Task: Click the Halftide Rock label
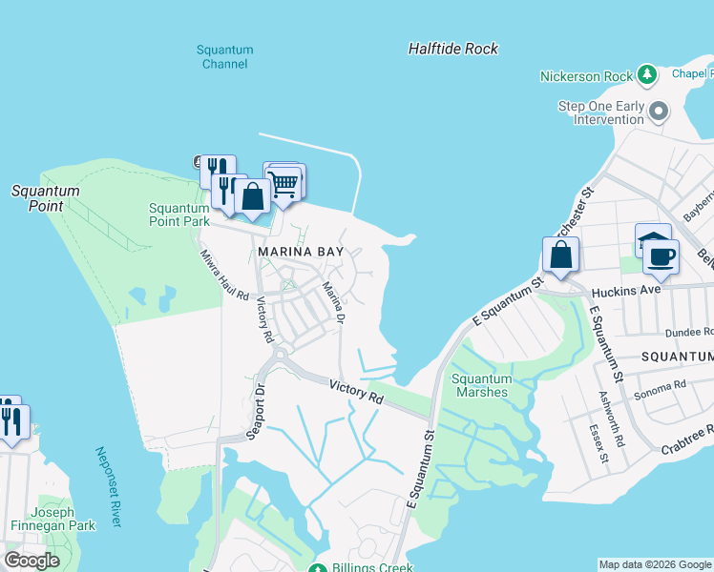pyautogui.click(x=452, y=49)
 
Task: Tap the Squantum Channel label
pyautogui.click(x=225, y=57)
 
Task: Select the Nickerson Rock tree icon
pyautogui.click(x=648, y=74)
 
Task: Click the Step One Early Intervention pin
pyautogui.click(x=659, y=112)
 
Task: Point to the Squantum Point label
pyautogui.click(x=45, y=198)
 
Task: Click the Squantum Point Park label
pyautogui.click(x=178, y=214)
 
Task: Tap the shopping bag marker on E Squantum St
pyautogui.click(x=560, y=255)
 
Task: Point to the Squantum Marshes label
pyautogui.click(x=481, y=385)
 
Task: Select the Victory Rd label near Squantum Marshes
pyautogui.click(x=356, y=391)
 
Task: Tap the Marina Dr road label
pyautogui.click(x=331, y=301)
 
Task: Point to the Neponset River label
pyautogui.click(x=109, y=486)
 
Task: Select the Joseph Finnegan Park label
pyautogui.click(x=53, y=517)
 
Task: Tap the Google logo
pyautogui.click(x=32, y=561)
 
